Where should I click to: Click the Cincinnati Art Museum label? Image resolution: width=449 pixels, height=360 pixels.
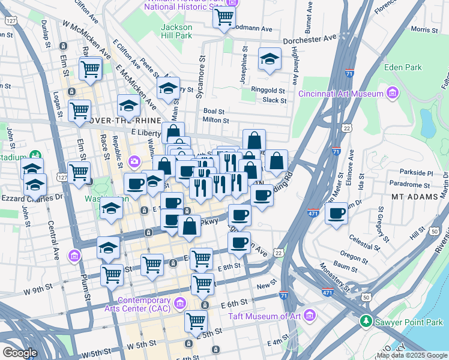(341, 94)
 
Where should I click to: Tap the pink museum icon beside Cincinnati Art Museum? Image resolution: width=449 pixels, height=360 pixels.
(393, 93)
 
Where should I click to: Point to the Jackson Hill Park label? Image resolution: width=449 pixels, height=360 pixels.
(184, 31)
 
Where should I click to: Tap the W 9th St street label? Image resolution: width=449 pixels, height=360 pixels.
(38, 290)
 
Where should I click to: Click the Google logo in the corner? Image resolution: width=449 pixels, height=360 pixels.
(20, 353)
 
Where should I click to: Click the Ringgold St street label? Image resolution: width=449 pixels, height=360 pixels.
(272, 90)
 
